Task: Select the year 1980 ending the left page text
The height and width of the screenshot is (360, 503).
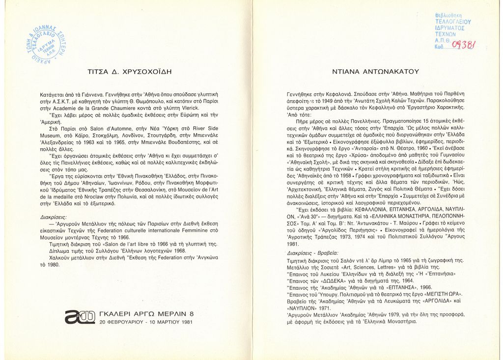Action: tap(52, 265)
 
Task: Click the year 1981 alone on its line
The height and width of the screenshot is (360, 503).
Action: tap(293, 244)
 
